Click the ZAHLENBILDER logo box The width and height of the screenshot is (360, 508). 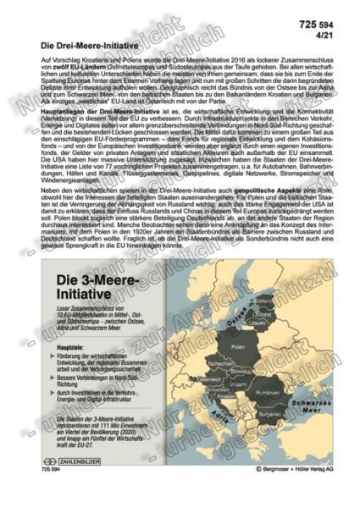(76, 483)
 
